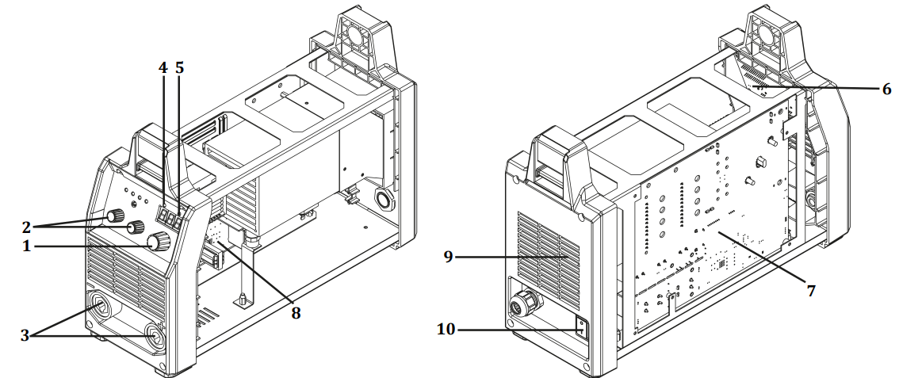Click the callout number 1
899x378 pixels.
tap(26, 246)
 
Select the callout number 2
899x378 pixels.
tap(26, 226)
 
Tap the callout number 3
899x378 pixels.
tap(26, 335)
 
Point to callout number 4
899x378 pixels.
tap(163, 67)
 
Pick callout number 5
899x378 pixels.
tap(180, 67)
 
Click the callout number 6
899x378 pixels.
tap(886, 89)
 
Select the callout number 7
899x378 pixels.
tap(810, 291)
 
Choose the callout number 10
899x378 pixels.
tap(446, 328)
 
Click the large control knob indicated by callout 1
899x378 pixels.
tap(163, 242)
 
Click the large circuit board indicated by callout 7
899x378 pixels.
tap(713, 230)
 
